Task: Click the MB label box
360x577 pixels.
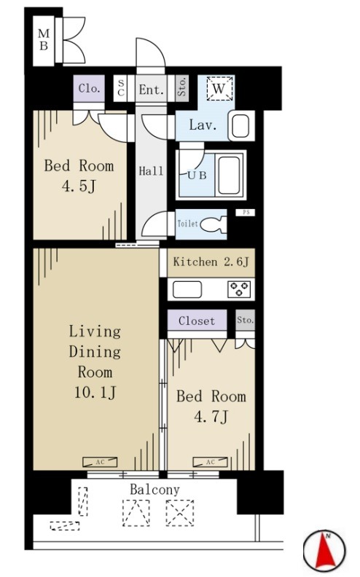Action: click(44, 41)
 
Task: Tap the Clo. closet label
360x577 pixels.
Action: click(89, 88)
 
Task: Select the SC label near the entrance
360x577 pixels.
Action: click(121, 89)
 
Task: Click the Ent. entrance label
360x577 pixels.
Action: click(151, 90)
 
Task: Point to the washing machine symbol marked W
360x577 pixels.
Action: click(219, 88)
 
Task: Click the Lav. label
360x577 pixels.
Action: click(202, 125)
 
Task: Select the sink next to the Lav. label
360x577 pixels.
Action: click(240, 126)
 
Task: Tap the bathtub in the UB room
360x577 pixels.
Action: click(229, 175)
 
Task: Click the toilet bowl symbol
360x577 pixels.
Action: click(214, 224)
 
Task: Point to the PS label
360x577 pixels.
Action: click(246, 212)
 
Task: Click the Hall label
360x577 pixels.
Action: click(151, 171)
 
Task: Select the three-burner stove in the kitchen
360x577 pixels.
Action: click(239, 289)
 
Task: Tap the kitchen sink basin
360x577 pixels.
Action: click(187, 289)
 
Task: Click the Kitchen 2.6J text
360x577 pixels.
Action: click(211, 262)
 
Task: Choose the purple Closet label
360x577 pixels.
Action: click(197, 321)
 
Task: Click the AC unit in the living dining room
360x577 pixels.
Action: click(100, 462)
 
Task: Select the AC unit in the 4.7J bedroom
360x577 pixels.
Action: click(210, 462)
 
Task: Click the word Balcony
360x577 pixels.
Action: click(155, 490)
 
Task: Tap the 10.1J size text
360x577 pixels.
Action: click(95, 393)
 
